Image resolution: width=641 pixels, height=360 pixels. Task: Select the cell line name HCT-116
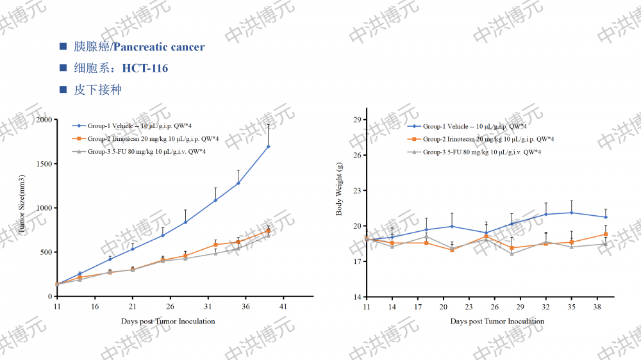click(x=145, y=68)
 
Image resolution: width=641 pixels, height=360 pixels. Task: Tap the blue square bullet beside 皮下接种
click(x=63, y=89)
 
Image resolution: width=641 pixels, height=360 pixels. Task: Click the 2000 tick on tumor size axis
click(x=44, y=120)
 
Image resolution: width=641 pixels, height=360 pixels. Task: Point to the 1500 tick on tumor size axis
click(x=44, y=164)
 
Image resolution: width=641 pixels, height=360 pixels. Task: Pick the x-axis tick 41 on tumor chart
click(x=283, y=307)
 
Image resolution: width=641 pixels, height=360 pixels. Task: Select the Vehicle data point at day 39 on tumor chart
click(x=268, y=147)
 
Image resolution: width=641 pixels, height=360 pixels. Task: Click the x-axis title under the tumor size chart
click(x=168, y=321)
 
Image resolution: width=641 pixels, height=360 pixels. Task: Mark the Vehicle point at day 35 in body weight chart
click(x=572, y=213)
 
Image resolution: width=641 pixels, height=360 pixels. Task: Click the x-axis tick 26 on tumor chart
click(x=170, y=307)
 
